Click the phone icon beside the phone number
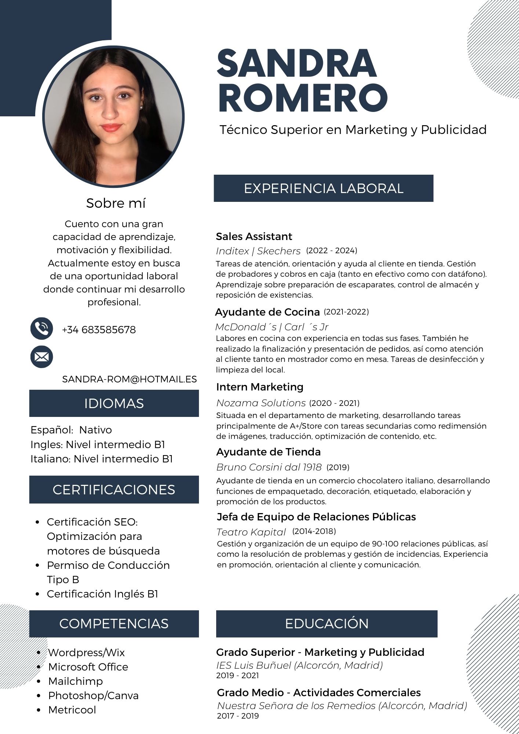(41, 328)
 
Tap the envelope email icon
(41, 357)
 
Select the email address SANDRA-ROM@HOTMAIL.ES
(130, 379)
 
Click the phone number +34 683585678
(99, 330)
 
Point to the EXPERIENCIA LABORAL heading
(323, 188)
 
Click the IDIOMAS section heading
(114, 403)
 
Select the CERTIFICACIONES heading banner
(114, 490)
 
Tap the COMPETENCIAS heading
(114, 624)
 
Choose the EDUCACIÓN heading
(327, 624)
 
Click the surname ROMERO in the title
(302, 98)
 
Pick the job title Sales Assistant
(254, 236)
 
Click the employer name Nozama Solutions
(261, 403)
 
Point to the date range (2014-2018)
(314, 531)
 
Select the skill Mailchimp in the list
(75, 681)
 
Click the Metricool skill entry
(72, 710)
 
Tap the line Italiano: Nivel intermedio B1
(102, 459)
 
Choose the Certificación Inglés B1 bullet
(102, 594)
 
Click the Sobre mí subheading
(116, 203)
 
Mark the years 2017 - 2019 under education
(238, 716)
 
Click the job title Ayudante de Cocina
(267, 312)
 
